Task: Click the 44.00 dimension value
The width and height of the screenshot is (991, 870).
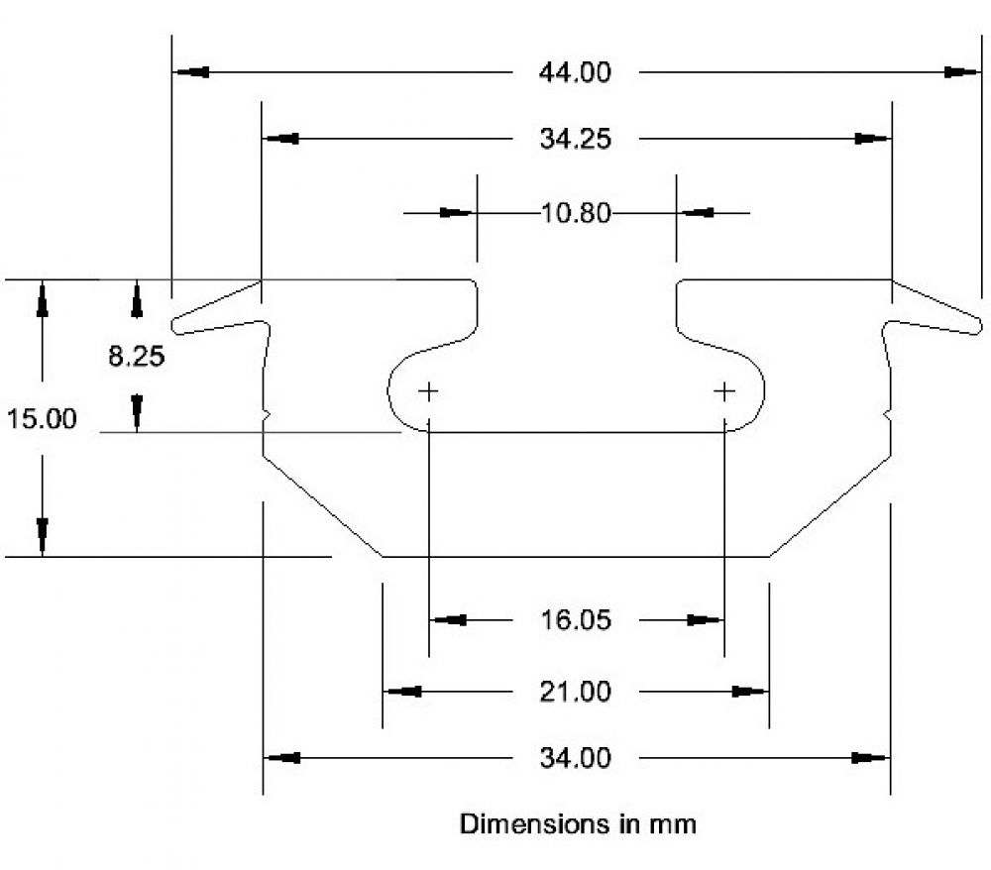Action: pos(575,73)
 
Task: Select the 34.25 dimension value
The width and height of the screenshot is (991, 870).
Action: pos(575,140)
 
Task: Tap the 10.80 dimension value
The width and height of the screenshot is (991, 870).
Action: pos(576,212)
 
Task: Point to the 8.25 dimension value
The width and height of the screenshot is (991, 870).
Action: pos(136,357)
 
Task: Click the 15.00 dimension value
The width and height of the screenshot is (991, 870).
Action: pos(42,419)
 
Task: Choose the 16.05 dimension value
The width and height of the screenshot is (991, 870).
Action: pos(576,621)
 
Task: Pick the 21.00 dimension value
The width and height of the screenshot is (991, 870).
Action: pos(576,691)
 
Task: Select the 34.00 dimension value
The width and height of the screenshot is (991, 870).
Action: pos(576,759)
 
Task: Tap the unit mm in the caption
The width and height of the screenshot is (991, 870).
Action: pos(674,824)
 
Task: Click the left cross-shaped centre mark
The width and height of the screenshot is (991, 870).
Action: pos(428,391)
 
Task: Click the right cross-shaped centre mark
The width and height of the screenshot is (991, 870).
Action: pos(724,391)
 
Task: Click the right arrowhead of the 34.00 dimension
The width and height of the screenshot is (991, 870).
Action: pos(871,758)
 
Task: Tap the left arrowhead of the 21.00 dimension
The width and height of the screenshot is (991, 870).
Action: pos(402,691)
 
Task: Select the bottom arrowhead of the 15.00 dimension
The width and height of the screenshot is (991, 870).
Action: pos(43,536)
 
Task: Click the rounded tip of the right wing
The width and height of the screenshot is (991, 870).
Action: pos(978,324)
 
